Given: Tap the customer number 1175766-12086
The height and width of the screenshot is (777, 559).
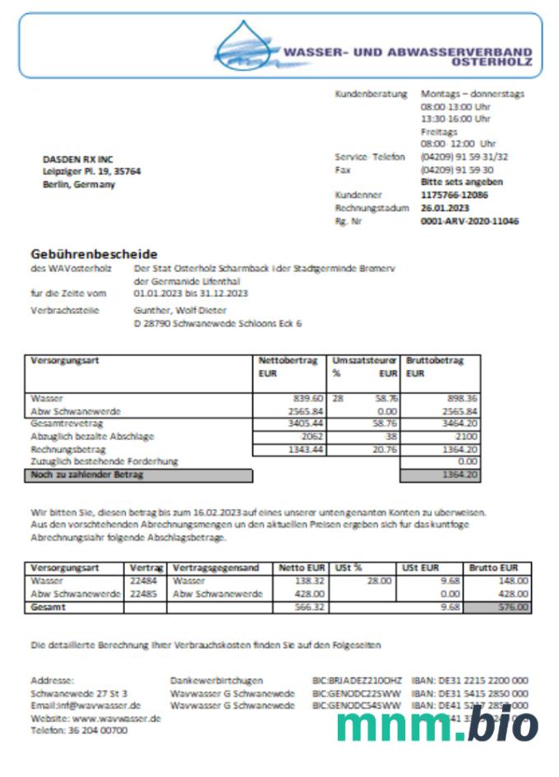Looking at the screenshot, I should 454,196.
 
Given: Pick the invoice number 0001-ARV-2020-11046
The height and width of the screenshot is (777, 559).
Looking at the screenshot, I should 469,220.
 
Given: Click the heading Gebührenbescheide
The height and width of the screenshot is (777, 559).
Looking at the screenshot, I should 95,254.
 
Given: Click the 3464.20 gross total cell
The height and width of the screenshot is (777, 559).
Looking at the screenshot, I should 460,423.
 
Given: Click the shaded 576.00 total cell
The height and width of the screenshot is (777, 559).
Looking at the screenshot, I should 499,608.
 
